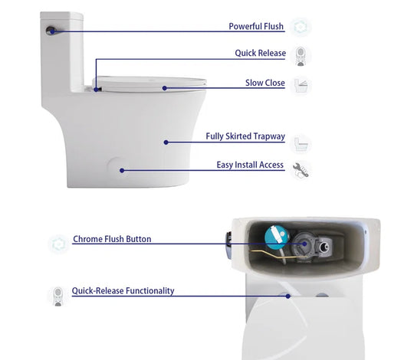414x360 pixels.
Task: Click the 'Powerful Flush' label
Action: pyautogui.click(x=256, y=26)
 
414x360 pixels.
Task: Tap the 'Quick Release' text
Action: pyautogui.click(x=261, y=53)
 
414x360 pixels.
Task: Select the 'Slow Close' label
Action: pyautogui.click(x=265, y=83)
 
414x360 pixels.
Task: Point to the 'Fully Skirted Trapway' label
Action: pyautogui.click(x=245, y=136)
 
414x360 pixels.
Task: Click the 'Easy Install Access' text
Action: pyautogui.click(x=250, y=165)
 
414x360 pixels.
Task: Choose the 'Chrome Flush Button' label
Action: pyautogui.click(x=112, y=239)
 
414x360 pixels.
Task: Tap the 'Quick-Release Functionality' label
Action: pyautogui.click(x=123, y=290)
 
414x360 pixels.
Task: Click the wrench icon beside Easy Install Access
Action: pyautogui.click(x=301, y=170)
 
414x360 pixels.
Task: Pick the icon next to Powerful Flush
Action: pyautogui.click(x=301, y=27)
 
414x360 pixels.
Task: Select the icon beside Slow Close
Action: pyautogui.click(x=301, y=85)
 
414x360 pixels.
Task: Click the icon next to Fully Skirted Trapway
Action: pyautogui.click(x=301, y=144)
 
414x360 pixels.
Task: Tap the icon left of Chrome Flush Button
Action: pyautogui.click(x=58, y=244)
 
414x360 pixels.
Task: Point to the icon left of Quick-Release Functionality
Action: pyautogui.click(x=58, y=296)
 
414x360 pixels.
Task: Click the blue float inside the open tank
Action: pyautogui.click(x=277, y=237)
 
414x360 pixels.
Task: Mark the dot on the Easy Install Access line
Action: pyautogui.click(x=122, y=170)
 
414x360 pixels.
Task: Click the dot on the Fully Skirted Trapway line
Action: pyautogui.click(x=166, y=142)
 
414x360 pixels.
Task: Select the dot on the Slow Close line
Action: pyautogui.click(x=165, y=88)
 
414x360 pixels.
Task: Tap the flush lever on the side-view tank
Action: pyautogui.click(x=51, y=31)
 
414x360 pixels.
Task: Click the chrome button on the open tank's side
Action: pyautogui.click(x=228, y=246)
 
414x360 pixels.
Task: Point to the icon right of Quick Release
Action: pyautogui.click(x=301, y=56)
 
